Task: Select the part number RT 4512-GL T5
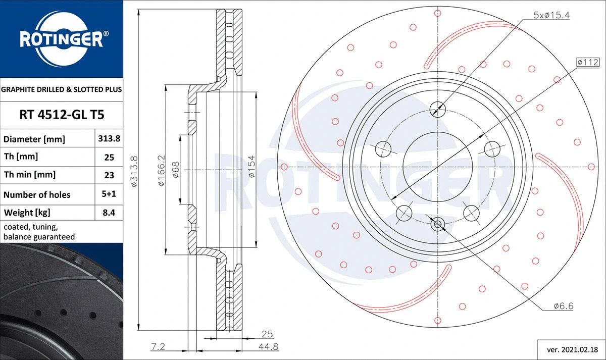[62, 115]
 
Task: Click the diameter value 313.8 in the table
[109, 138]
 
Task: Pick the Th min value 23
[109, 175]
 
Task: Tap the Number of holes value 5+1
[109, 194]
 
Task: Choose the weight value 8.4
[109, 213]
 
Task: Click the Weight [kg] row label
[27, 213]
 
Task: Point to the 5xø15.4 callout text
[551, 15]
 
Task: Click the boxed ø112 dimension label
[588, 63]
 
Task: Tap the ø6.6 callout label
[563, 306]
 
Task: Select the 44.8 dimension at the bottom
[268, 346]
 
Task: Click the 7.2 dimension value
[158, 346]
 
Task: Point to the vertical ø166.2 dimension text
[161, 170]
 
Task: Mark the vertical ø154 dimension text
[251, 166]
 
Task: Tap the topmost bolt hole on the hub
[437, 110]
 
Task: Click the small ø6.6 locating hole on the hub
[437, 224]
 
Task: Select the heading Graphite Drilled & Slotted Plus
[62, 89]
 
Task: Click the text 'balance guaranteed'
[39, 237]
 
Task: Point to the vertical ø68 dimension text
[176, 170]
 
